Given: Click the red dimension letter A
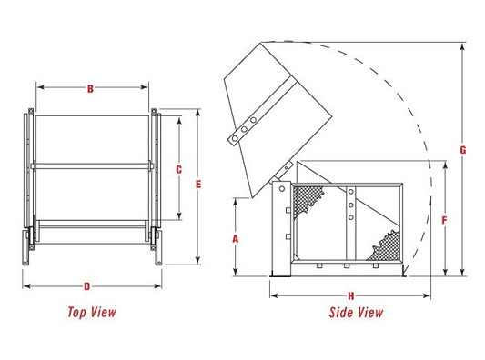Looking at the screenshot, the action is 236,239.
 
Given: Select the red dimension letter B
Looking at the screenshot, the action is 90,89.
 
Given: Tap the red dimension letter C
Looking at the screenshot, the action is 178,170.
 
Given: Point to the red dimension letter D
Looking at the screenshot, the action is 87,286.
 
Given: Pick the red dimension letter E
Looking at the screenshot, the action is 198,185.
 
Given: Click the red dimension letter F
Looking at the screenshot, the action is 444,220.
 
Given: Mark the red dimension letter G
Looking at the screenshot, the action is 463,150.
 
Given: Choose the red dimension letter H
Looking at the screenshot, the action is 350,296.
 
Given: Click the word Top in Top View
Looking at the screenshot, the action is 77,312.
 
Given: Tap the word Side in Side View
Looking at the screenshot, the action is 340,313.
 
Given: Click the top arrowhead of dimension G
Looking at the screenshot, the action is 463,46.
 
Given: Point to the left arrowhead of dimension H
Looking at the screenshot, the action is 273,296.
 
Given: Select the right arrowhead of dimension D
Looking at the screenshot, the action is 158,286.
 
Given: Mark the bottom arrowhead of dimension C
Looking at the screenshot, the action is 179,216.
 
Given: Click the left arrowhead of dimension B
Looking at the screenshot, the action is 40,87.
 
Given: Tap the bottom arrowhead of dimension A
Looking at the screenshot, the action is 236,272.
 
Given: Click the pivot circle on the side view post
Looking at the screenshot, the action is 282,188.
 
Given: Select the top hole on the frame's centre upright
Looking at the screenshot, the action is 351,192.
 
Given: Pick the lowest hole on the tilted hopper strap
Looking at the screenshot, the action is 235,138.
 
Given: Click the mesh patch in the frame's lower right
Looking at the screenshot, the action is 387,246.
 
